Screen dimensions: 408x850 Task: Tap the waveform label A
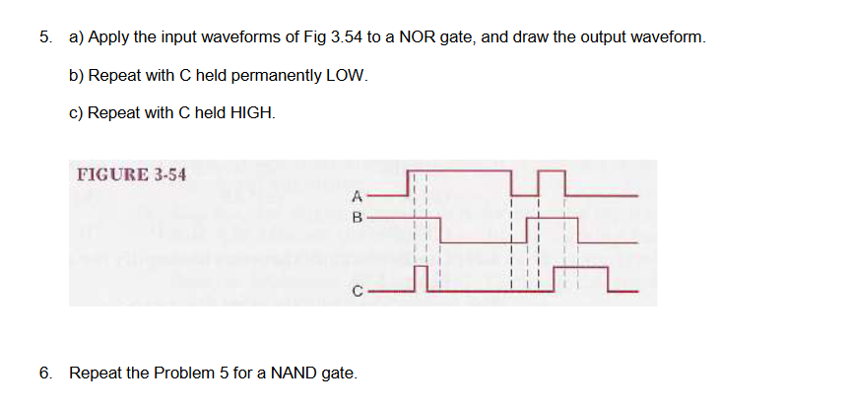(x=358, y=193)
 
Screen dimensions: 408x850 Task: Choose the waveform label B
(x=358, y=217)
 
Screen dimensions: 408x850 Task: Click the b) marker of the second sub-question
(x=76, y=76)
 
